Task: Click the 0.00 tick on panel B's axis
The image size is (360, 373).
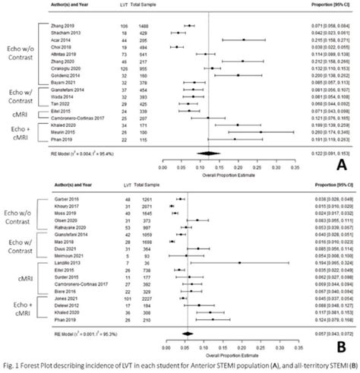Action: click(x=161, y=344)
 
